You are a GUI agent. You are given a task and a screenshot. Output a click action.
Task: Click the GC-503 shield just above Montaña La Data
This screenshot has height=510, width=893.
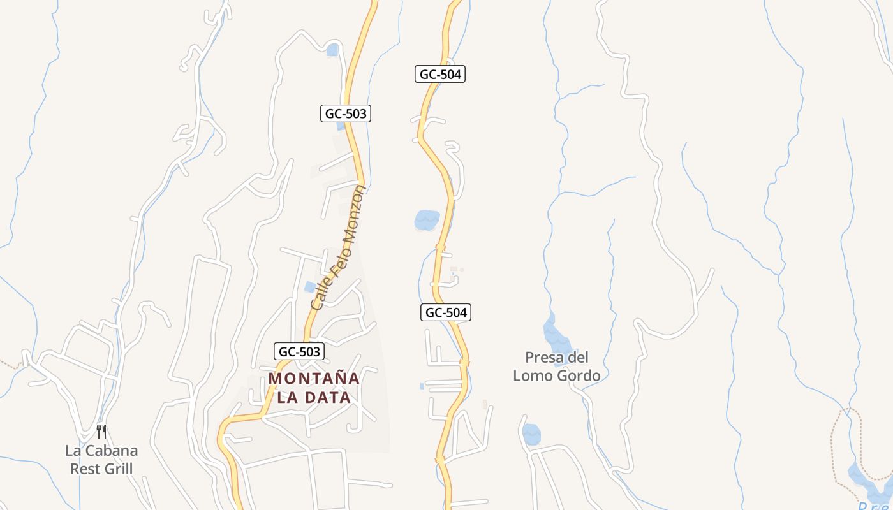[x=299, y=351]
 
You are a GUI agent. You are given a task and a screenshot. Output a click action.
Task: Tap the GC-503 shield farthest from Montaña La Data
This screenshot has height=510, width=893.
[x=345, y=113]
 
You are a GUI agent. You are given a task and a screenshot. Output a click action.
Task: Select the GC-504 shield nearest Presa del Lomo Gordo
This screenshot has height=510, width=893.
[x=446, y=312]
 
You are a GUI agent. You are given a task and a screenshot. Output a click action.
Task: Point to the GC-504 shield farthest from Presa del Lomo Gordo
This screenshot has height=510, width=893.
[x=439, y=74]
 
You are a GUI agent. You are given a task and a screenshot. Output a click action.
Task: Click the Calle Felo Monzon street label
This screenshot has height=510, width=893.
[x=338, y=247]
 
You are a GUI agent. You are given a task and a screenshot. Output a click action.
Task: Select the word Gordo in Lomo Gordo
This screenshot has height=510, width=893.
[x=579, y=375]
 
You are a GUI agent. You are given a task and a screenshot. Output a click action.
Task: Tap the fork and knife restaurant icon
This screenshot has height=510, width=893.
[x=101, y=432]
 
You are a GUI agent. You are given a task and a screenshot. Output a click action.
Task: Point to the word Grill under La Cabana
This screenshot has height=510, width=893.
[x=118, y=469]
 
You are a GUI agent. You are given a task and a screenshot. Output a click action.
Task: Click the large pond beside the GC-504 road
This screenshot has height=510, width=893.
[x=427, y=221]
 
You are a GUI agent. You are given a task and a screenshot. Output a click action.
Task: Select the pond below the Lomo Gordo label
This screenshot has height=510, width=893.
[x=531, y=435]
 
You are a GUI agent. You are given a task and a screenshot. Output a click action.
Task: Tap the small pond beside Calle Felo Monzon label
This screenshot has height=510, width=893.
[x=310, y=288]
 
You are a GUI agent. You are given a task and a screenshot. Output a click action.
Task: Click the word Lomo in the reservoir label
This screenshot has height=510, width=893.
[x=533, y=375]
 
